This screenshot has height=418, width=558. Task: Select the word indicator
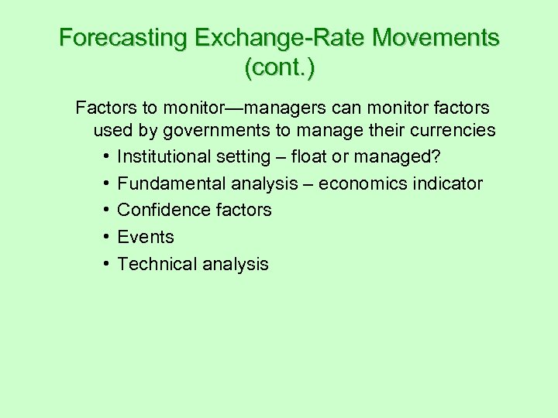click(447, 184)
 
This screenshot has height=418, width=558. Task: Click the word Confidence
click(164, 211)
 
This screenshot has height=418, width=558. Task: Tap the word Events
click(146, 238)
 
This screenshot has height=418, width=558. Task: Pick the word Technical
click(156, 265)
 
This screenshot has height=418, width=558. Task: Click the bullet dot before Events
click(105, 238)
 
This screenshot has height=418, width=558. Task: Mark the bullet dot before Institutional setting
click(105, 157)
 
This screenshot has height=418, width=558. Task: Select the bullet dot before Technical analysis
click(105, 265)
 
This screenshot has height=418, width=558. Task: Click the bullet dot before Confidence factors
click(105, 211)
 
